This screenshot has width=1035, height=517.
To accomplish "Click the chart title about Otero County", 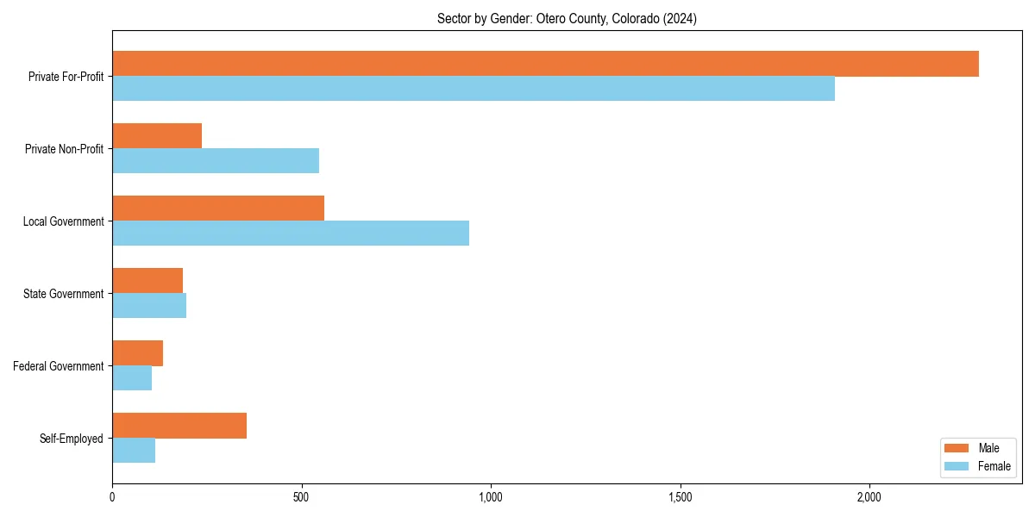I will click(567, 19).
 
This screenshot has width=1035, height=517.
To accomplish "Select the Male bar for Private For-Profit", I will click(545, 64).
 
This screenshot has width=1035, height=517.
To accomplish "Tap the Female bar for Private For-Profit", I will click(474, 89).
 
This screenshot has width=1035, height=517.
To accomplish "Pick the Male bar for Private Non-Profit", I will click(157, 136).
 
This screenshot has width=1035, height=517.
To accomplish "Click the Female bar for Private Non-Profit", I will click(216, 161).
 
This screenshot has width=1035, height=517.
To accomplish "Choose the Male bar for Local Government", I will click(218, 209).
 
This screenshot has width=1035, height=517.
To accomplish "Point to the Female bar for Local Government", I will click(291, 234).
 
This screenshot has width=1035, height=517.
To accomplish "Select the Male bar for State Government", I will click(147, 281).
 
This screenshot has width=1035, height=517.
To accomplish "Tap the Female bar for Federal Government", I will click(132, 378).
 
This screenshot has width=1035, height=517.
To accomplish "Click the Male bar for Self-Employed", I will click(179, 426).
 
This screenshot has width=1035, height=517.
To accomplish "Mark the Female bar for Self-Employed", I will click(134, 451).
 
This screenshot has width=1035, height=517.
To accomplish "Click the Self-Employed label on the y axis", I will click(72, 439).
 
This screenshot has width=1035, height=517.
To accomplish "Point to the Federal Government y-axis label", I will click(59, 366).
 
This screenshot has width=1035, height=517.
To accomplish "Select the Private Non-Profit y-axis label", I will click(65, 149).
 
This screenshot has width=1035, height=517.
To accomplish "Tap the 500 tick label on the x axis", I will click(301, 497).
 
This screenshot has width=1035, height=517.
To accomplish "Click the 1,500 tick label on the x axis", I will click(680, 497).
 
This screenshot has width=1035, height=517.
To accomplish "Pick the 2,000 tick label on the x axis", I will click(869, 497).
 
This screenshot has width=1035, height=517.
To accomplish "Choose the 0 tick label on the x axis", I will click(112, 497).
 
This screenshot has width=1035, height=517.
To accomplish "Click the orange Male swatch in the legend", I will click(957, 448).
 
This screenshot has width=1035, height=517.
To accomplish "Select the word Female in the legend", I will click(994, 466).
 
